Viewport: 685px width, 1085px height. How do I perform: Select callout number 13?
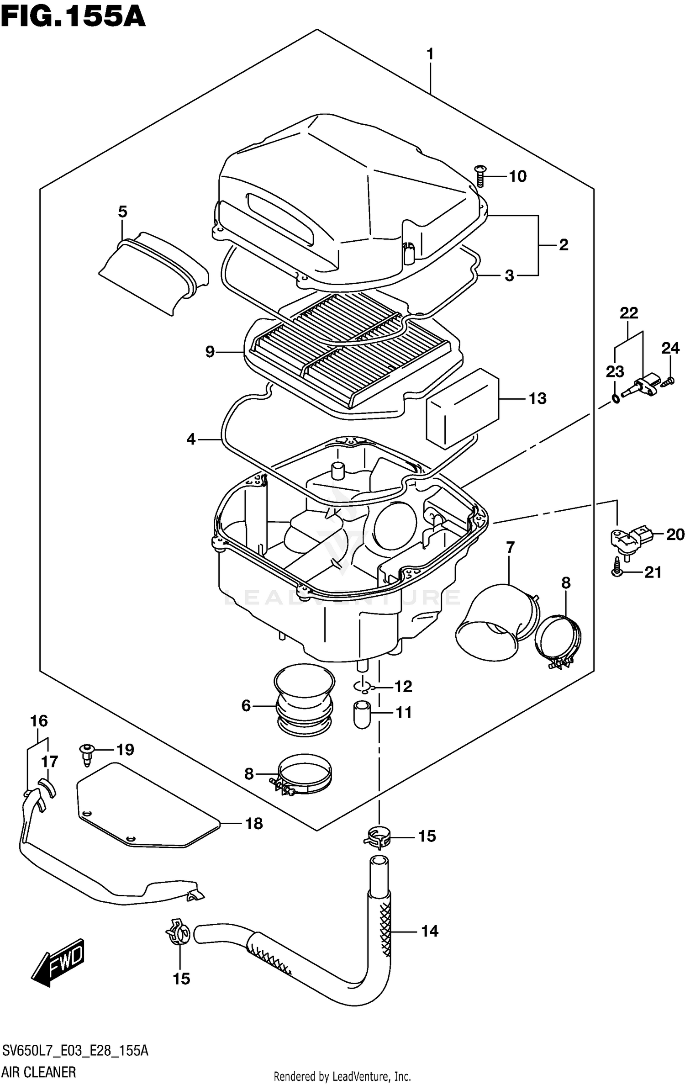pos(537,398)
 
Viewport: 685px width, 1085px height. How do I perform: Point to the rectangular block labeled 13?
pos(461,408)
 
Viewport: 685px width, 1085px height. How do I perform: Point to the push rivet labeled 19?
pos(87,754)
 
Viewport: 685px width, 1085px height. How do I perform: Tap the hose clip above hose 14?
pos(378,837)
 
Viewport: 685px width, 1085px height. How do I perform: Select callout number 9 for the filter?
pos(210,352)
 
